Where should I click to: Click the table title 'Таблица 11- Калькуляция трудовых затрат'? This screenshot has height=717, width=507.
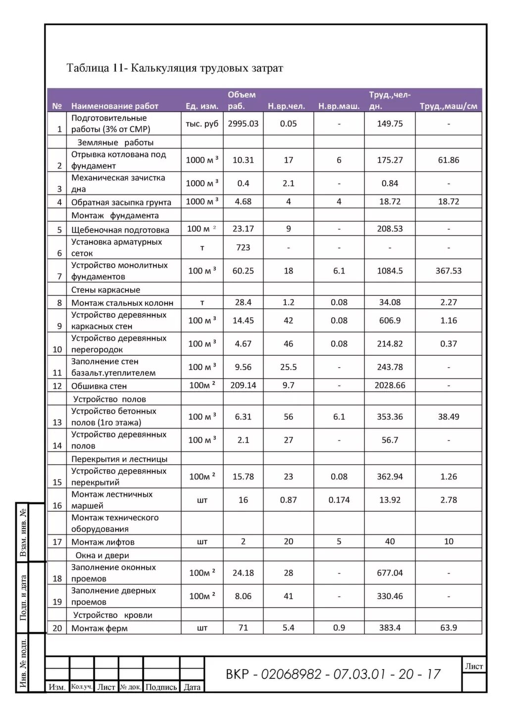175,68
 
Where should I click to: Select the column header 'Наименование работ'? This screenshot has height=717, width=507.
114,106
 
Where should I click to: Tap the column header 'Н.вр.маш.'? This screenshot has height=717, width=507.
339,106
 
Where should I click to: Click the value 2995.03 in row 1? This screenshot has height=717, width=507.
243,124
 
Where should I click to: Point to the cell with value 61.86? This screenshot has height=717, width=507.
448,160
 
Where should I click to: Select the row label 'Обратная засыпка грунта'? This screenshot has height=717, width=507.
121,202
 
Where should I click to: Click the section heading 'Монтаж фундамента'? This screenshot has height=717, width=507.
115,216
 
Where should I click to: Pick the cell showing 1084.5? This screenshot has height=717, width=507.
390,271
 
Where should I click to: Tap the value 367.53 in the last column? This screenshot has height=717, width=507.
448,271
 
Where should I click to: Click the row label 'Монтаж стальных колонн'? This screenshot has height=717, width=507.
122,303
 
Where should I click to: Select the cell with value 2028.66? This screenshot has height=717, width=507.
390,385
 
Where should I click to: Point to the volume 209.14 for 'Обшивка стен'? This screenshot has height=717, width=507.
243,385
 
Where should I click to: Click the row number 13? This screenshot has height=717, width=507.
57,423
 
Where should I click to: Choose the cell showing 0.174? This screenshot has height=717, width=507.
339,500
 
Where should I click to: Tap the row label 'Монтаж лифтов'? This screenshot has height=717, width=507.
102,542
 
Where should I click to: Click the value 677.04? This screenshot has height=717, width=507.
390,573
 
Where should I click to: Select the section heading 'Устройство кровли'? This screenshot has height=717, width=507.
112,615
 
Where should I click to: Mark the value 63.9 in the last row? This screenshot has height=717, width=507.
448,628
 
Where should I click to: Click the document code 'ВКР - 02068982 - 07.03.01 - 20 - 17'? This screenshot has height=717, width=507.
333,674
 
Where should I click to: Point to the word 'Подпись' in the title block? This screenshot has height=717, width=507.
161,687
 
